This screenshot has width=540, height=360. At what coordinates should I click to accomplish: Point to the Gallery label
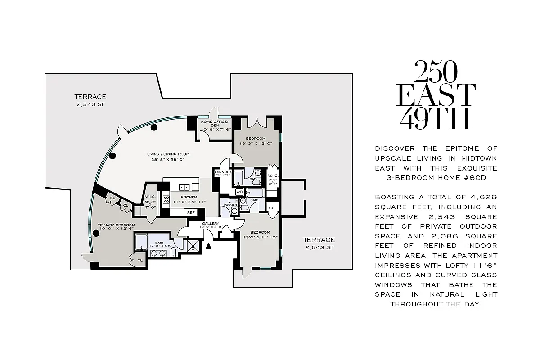(x=210, y=224)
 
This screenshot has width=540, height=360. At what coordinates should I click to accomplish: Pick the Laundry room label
(x=223, y=172)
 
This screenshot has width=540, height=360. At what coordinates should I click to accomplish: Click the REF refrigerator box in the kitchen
(x=191, y=212)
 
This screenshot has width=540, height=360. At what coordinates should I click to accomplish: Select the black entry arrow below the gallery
(x=208, y=246)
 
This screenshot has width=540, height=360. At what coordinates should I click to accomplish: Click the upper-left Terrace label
(x=90, y=97)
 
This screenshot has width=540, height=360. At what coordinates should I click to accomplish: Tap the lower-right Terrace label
(x=319, y=240)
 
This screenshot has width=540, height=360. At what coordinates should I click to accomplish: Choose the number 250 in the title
(x=435, y=72)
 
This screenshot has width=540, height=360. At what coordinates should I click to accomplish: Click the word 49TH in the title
(x=435, y=118)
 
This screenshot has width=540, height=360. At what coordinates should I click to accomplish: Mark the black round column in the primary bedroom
(x=95, y=233)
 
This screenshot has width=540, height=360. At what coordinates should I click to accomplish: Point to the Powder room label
(x=230, y=205)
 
